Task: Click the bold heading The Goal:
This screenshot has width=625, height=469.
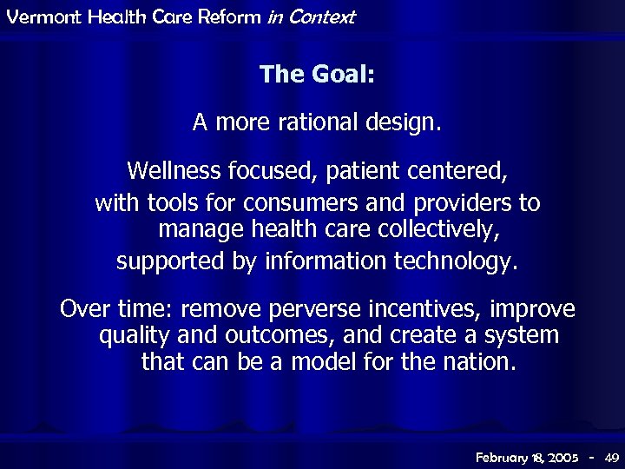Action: click(x=317, y=75)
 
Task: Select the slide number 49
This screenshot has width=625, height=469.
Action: click(x=611, y=457)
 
